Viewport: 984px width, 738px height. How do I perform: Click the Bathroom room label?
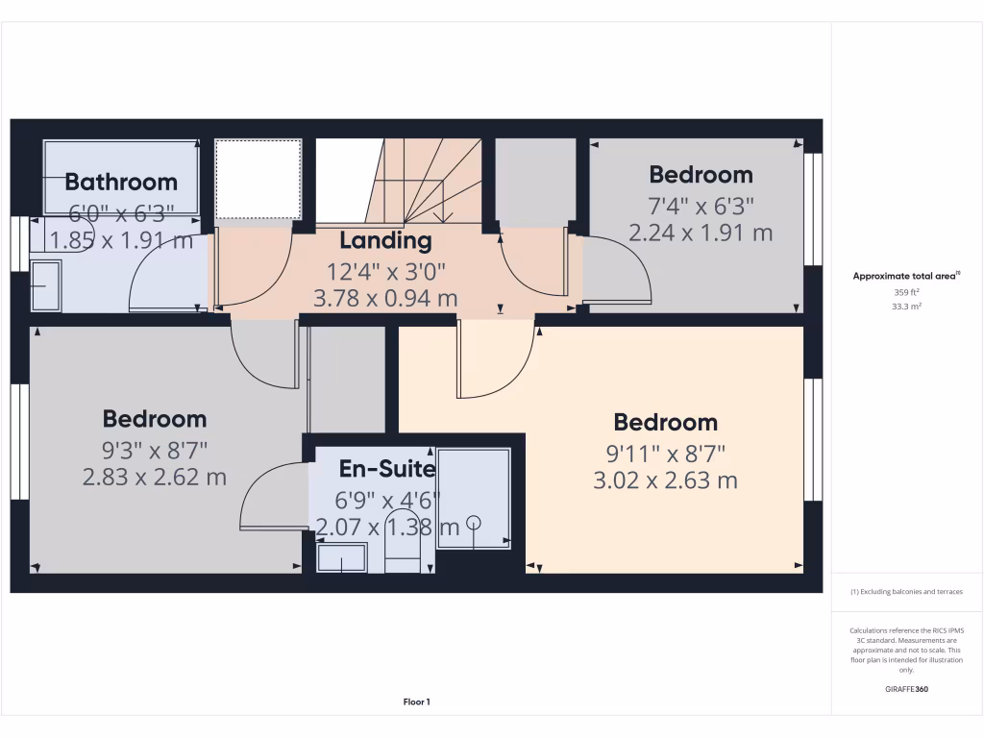(121, 182)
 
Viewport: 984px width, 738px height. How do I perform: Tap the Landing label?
(385, 240)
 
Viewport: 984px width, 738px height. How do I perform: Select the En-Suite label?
(387, 469)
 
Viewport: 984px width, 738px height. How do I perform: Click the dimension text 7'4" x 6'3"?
(701, 205)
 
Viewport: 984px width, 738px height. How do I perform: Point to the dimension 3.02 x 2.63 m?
(666, 480)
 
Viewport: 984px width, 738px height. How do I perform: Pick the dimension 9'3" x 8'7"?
(155, 449)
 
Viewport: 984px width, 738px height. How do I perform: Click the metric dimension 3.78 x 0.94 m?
(385, 299)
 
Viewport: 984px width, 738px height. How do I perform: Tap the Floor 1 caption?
(416, 702)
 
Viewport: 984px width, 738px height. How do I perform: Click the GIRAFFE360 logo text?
(906, 689)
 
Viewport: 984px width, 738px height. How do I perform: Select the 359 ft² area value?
(906, 292)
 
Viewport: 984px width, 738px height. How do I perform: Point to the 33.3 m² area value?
(906, 307)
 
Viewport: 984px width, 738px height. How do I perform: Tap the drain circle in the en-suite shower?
(473, 522)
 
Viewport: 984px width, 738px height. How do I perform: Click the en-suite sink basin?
(342, 557)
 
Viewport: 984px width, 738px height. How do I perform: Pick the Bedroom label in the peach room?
(666, 422)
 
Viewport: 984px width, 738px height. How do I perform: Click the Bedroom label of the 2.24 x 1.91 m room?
(701, 175)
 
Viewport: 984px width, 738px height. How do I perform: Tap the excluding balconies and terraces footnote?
(906, 592)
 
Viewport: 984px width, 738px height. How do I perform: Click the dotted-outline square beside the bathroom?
(257, 179)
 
